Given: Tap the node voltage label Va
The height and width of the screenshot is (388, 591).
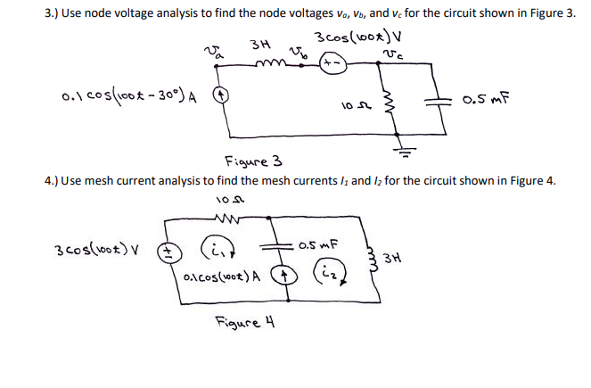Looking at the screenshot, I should pos(211,57).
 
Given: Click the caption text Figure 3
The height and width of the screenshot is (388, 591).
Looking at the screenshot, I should pos(250,161).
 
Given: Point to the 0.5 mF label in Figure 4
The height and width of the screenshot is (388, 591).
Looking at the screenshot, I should pos(320,242).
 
